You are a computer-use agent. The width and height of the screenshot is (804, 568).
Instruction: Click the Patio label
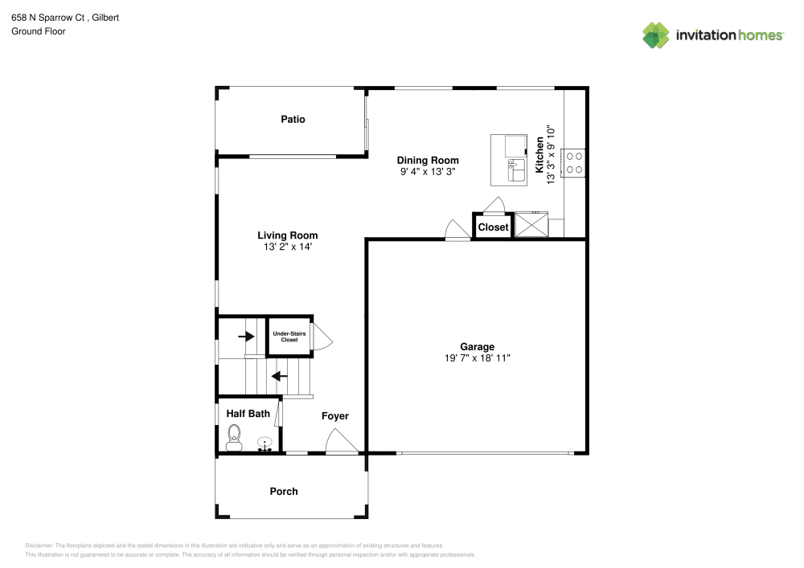293,120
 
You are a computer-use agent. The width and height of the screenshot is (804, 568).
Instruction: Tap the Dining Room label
428,161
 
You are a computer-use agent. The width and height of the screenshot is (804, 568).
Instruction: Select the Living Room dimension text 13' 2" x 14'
287,247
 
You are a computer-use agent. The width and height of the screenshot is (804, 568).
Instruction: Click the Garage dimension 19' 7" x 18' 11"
477,358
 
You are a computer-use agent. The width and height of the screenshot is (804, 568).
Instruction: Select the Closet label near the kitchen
493,227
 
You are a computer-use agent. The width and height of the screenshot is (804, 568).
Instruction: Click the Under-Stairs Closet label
289,337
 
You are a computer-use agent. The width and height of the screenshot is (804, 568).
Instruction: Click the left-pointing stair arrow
279,375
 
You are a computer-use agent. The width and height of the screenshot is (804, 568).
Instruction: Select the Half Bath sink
265,443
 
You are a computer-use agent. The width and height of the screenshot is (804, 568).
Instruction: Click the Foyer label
334,416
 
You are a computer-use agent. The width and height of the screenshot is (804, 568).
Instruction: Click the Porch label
283,492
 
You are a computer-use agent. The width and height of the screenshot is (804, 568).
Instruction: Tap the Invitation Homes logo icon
656,35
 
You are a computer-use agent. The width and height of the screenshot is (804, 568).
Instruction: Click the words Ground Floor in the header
38,31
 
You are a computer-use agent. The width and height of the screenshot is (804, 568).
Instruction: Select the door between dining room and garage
457,230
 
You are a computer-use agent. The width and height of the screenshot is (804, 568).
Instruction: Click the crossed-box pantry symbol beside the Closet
531,225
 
